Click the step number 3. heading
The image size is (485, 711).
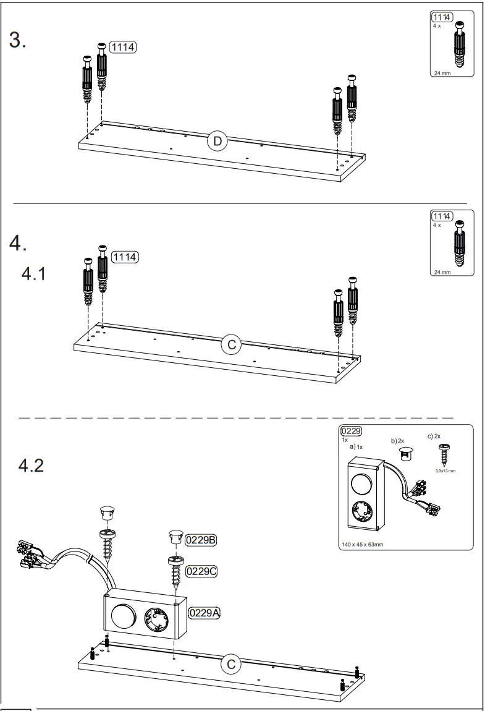[17, 40]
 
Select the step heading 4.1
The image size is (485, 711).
[34, 273]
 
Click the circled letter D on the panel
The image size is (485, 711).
[217, 142]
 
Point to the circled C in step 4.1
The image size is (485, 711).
[231, 345]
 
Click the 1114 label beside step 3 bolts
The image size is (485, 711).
[122, 47]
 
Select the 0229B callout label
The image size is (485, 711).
[201, 540]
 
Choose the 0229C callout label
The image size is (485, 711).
[201, 571]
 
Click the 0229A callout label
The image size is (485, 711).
[205, 613]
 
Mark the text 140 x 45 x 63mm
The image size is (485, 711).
[362, 545]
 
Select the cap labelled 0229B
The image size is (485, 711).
[175, 537]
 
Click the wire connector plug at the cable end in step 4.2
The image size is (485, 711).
[28, 552]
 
